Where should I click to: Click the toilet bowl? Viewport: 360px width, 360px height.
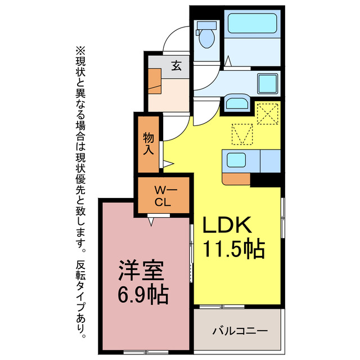tap(206, 37)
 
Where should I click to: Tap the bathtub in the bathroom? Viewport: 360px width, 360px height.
tap(251, 25)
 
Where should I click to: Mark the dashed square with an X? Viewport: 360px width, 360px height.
tap(268, 115)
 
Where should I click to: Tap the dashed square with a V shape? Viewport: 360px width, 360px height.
tap(242, 134)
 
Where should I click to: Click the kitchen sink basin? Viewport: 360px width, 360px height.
tap(236, 161)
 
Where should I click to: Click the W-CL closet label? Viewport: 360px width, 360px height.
tap(163, 197)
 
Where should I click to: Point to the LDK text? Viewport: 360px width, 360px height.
tap(226, 225)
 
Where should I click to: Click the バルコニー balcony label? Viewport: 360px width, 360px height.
tap(240, 330)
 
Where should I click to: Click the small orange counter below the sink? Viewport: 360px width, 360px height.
tap(236, 179)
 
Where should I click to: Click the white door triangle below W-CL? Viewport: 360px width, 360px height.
tap(151, 222)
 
